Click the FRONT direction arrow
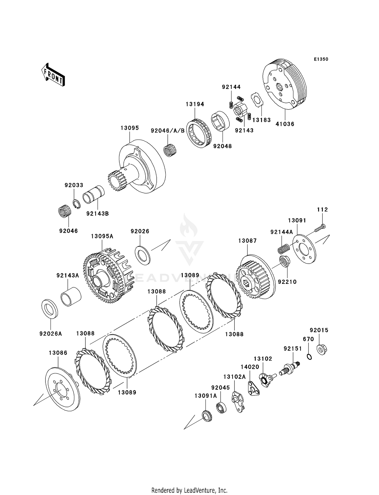53,75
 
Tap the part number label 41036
285,124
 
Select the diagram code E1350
321,59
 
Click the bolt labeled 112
320,228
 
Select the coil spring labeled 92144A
284,249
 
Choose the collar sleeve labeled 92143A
71,296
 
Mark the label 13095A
102,236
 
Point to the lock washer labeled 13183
257,100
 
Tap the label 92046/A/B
168,131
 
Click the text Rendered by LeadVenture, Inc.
189,490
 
